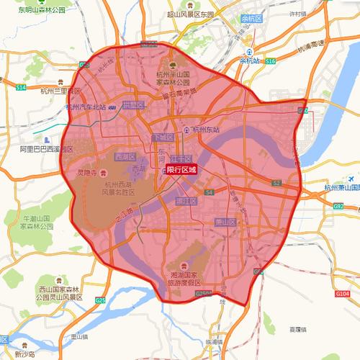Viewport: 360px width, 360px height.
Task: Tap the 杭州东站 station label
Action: (201, 130)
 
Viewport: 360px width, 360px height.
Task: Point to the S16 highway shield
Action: (270, 63)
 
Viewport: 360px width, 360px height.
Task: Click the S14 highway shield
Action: (20, 86)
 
